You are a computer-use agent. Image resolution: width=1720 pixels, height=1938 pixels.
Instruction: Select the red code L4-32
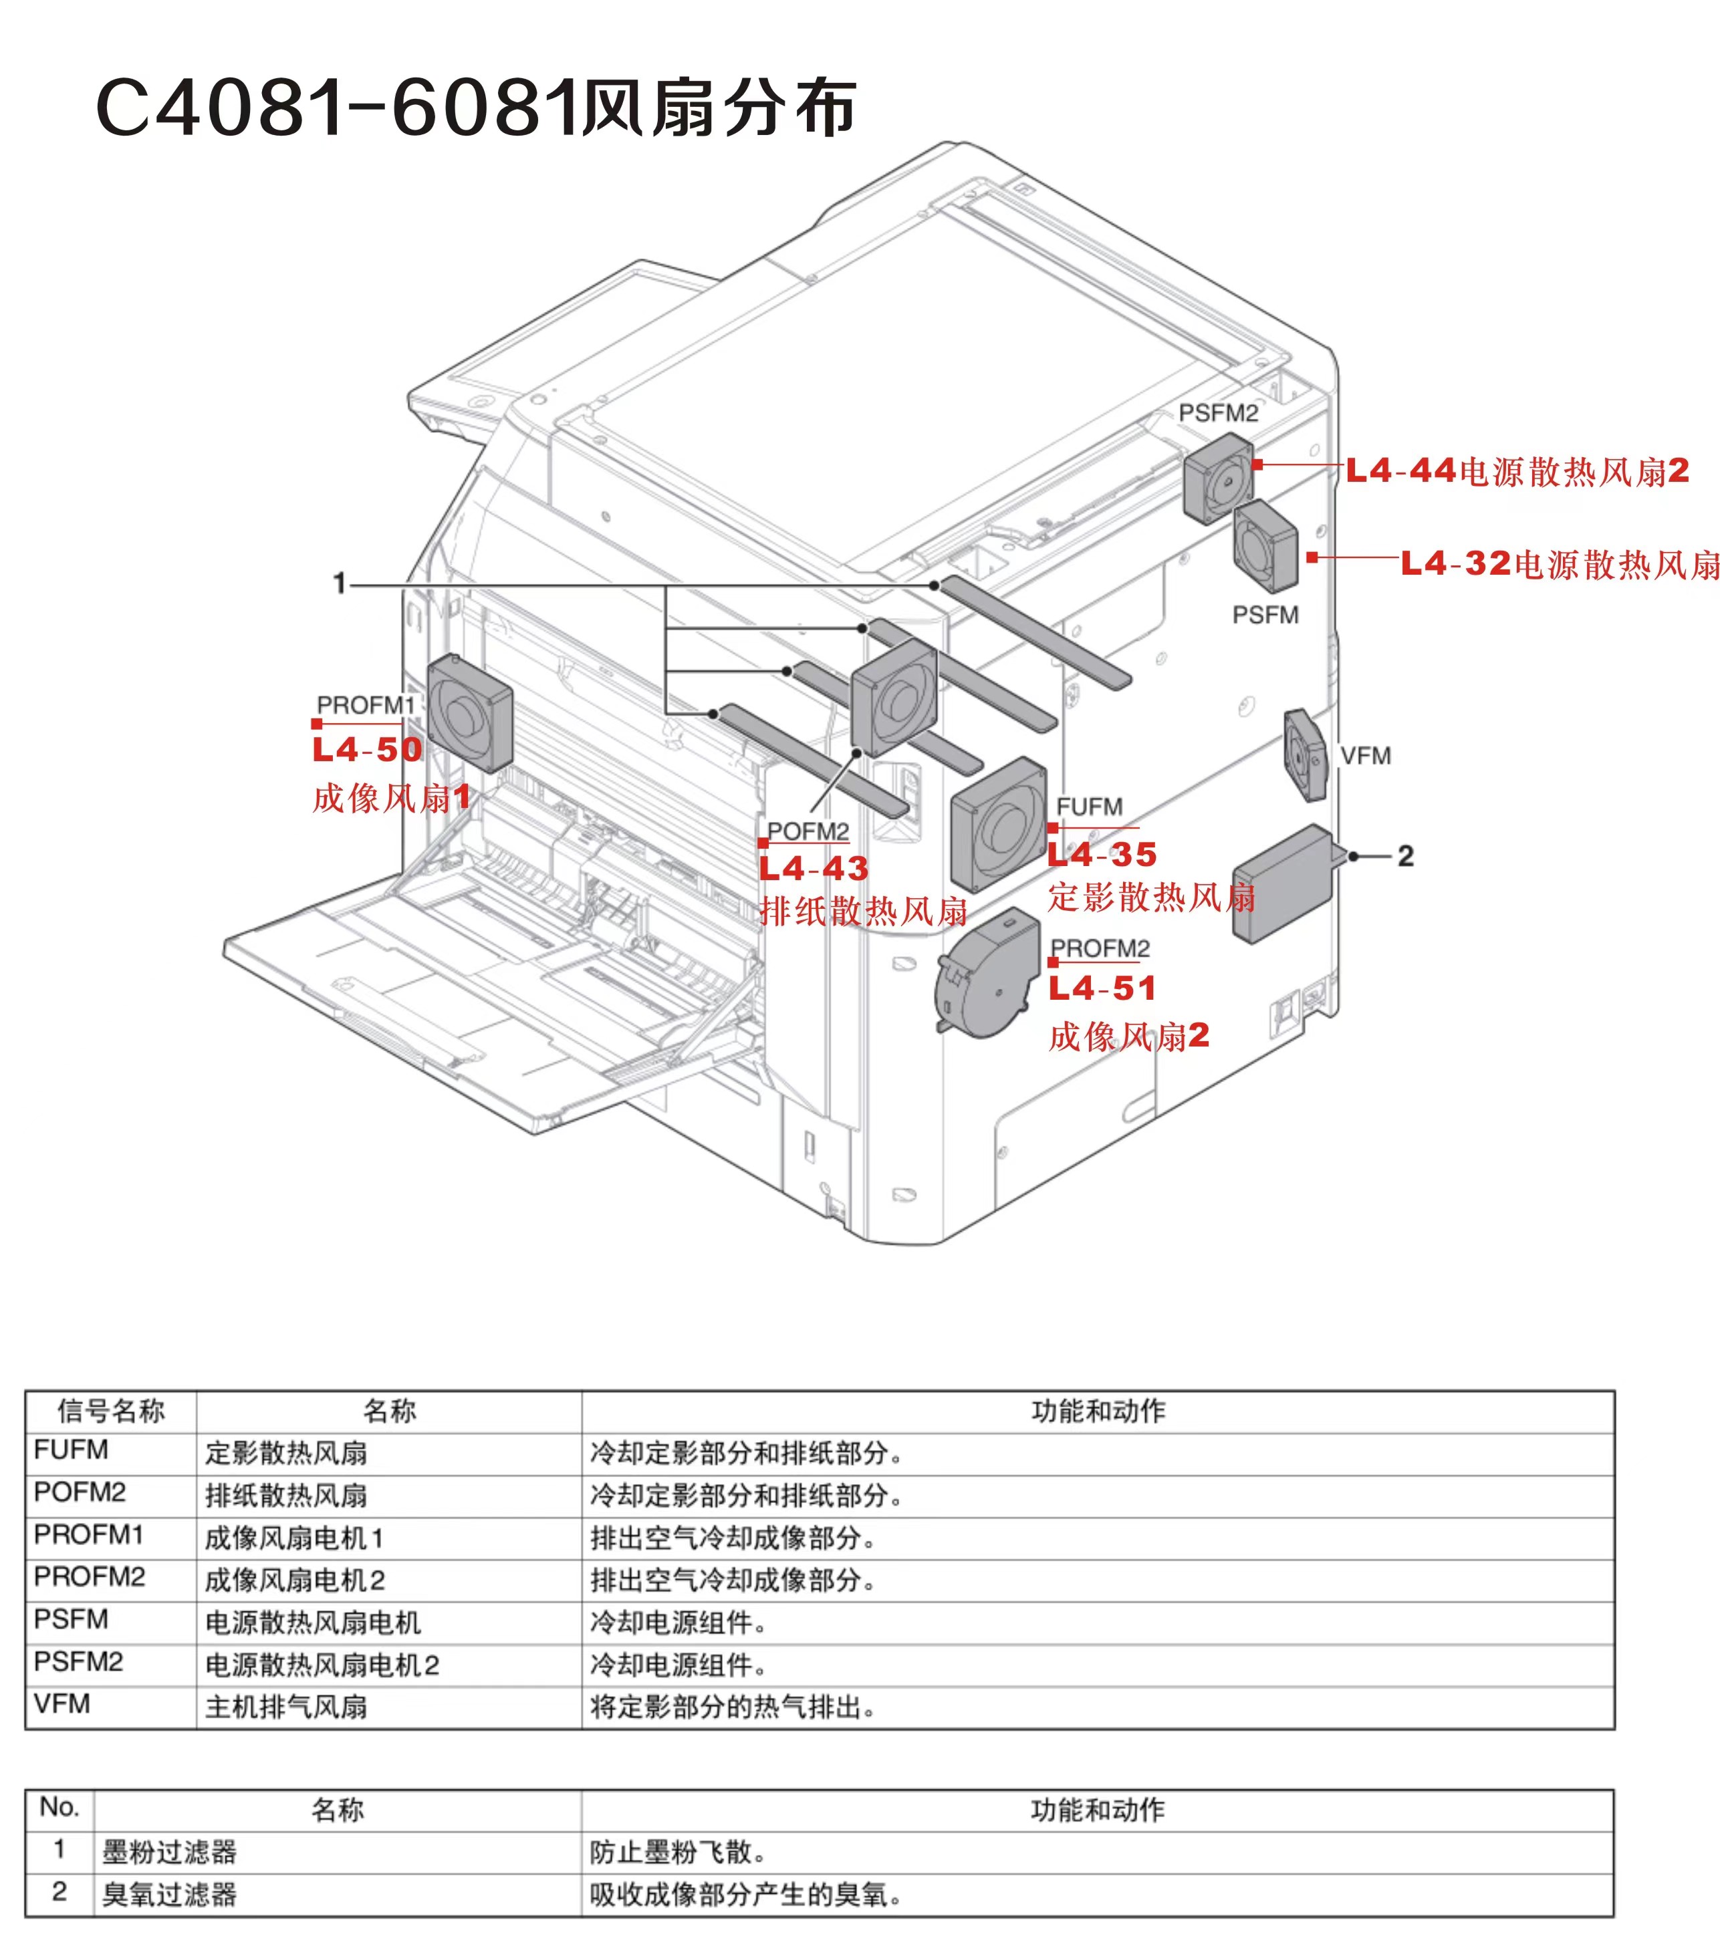[1455, 563]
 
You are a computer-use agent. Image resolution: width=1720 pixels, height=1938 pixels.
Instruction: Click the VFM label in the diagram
[1366, 756]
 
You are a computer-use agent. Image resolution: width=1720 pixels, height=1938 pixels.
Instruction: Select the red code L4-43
[814, 869]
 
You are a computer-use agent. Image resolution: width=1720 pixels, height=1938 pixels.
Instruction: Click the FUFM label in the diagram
[1090, 807]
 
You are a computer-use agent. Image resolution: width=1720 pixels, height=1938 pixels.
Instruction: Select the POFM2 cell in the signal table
[80, 1492]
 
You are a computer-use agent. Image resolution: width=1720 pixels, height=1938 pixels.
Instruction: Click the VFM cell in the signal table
[63, 1704]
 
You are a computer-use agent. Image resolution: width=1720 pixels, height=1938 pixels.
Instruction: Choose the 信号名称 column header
[111, 1411]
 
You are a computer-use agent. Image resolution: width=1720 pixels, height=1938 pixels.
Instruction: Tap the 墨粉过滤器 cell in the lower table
[170, 1852]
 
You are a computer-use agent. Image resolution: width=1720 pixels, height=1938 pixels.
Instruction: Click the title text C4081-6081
[337, 107]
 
